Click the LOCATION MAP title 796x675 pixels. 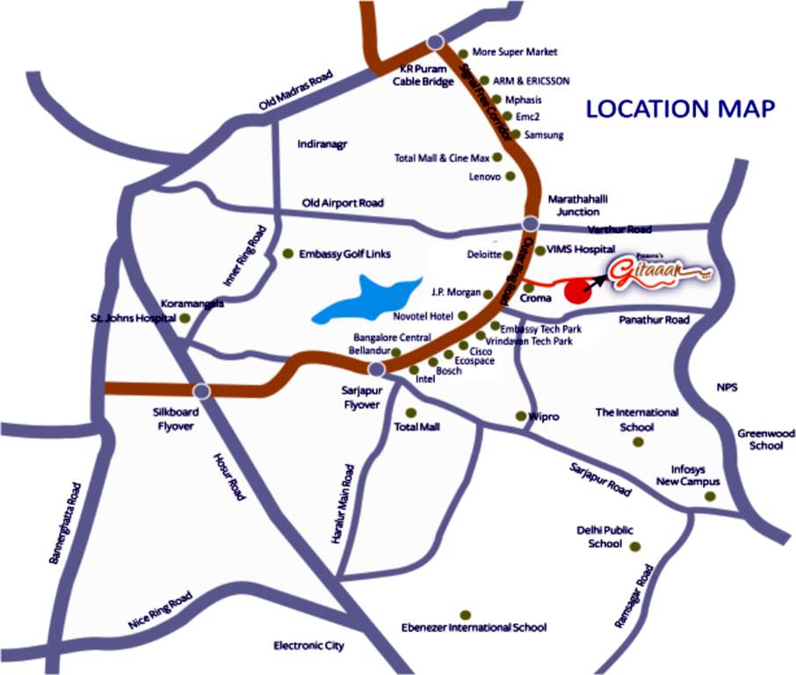680,109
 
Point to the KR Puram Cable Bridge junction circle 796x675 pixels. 435,44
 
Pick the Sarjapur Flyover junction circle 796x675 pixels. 377,369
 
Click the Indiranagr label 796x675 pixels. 323,142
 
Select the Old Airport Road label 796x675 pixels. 343,202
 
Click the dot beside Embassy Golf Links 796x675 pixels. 287,254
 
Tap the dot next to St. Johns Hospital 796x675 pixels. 185,317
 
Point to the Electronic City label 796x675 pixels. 308,646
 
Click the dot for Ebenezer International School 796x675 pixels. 465,613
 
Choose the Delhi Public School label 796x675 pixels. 604,537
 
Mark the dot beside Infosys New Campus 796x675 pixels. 710,497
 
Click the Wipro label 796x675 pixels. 544,417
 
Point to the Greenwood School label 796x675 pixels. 766,439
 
